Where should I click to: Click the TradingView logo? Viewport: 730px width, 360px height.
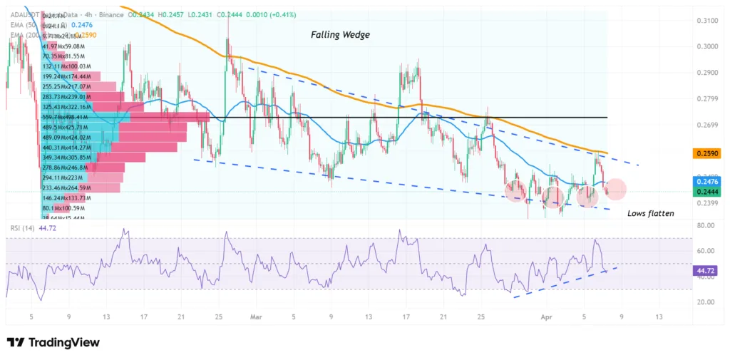click(53, 342)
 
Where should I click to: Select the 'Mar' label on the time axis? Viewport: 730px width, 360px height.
click(256, 316)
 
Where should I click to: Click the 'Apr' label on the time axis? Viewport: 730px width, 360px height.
click(546, 316)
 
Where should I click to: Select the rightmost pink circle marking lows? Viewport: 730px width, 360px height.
click(616, 189)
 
